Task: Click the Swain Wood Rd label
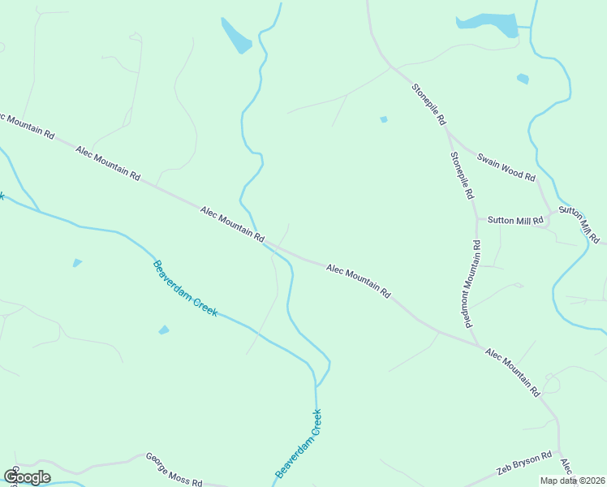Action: click(506, 166)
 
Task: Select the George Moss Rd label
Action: click(174, 470)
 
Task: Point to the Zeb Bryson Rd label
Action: click(524, 465)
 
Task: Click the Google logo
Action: click(27, 476)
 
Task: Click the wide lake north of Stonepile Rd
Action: click(487, 24)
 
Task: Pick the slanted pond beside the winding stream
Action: click(236, 36)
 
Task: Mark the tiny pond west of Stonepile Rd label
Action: click(384, 119)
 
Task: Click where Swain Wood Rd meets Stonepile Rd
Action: click(446, 130)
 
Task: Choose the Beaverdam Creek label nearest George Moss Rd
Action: click(299, 442)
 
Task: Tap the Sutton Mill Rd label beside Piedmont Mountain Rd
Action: click(514, 219)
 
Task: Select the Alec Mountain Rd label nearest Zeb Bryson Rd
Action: click(513, 371)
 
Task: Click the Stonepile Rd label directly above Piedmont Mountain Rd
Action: click(461, 175)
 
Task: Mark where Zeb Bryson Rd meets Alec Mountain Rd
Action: click(558, 445)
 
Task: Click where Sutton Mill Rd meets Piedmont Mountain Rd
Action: click(477, 219)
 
